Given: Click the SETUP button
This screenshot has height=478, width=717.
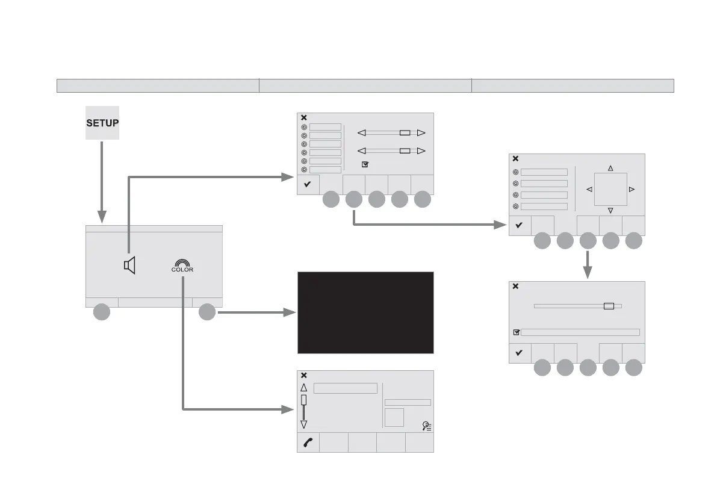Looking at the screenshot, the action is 102,123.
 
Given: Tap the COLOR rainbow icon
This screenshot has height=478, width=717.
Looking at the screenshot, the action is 182,265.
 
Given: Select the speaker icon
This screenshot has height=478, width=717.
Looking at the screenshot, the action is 130,265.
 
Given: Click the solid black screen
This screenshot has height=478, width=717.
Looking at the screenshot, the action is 365,312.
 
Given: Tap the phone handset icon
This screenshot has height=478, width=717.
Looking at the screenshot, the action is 308,442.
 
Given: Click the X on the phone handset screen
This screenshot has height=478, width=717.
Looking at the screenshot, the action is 304,375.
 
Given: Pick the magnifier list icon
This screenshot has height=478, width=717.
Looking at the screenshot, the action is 427,426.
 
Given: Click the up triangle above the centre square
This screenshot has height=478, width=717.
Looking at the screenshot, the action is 610,168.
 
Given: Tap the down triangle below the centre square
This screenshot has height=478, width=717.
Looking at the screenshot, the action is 610,210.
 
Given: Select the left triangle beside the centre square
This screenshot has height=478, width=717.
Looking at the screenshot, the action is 589,189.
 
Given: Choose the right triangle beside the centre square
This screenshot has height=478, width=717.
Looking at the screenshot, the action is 632,189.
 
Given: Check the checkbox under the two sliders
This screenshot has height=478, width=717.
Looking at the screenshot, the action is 365,164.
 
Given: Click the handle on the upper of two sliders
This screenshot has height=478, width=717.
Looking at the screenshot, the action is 405,132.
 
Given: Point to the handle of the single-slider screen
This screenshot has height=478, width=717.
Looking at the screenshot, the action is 609,306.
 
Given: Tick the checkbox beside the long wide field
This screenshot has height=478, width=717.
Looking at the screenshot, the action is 517,332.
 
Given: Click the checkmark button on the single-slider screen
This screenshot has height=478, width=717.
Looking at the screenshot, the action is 520,353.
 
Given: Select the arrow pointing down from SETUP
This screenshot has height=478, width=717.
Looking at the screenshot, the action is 102,181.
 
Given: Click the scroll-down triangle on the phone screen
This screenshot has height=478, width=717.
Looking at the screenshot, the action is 304,424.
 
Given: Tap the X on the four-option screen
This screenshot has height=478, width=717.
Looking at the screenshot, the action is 515,158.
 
